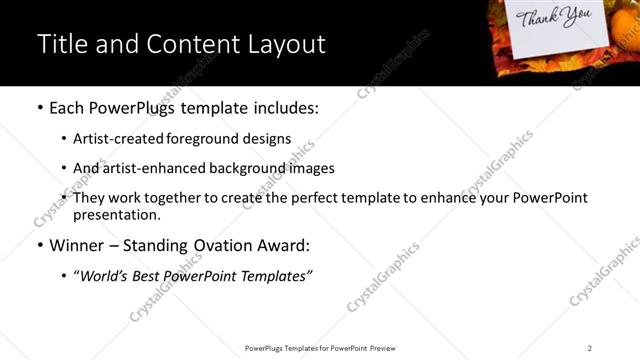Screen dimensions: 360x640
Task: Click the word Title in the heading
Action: pos(61,44)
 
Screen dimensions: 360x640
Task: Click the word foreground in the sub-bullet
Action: pos(205,139)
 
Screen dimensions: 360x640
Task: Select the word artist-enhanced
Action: pos(150,168)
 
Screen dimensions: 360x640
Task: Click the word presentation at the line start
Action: pos(115,215)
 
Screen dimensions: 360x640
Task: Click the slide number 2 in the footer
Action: pos(590,347)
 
